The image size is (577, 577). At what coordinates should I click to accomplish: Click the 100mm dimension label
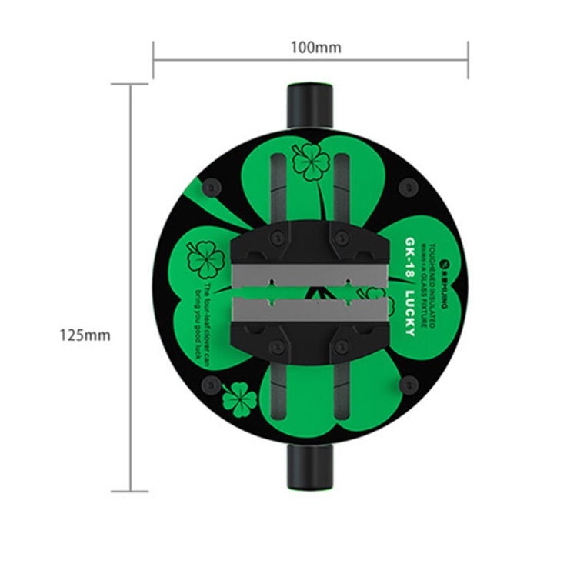[315, 48]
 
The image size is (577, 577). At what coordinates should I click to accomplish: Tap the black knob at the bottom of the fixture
[310, 469]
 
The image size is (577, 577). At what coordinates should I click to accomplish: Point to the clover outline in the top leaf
[311, 162]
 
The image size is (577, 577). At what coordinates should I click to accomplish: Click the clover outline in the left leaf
[205, 258]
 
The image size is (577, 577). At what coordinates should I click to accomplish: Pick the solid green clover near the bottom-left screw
[239, 400]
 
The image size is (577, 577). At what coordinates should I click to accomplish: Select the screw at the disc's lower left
[210, 385]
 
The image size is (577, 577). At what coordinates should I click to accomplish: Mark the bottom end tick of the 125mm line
[129, 491]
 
